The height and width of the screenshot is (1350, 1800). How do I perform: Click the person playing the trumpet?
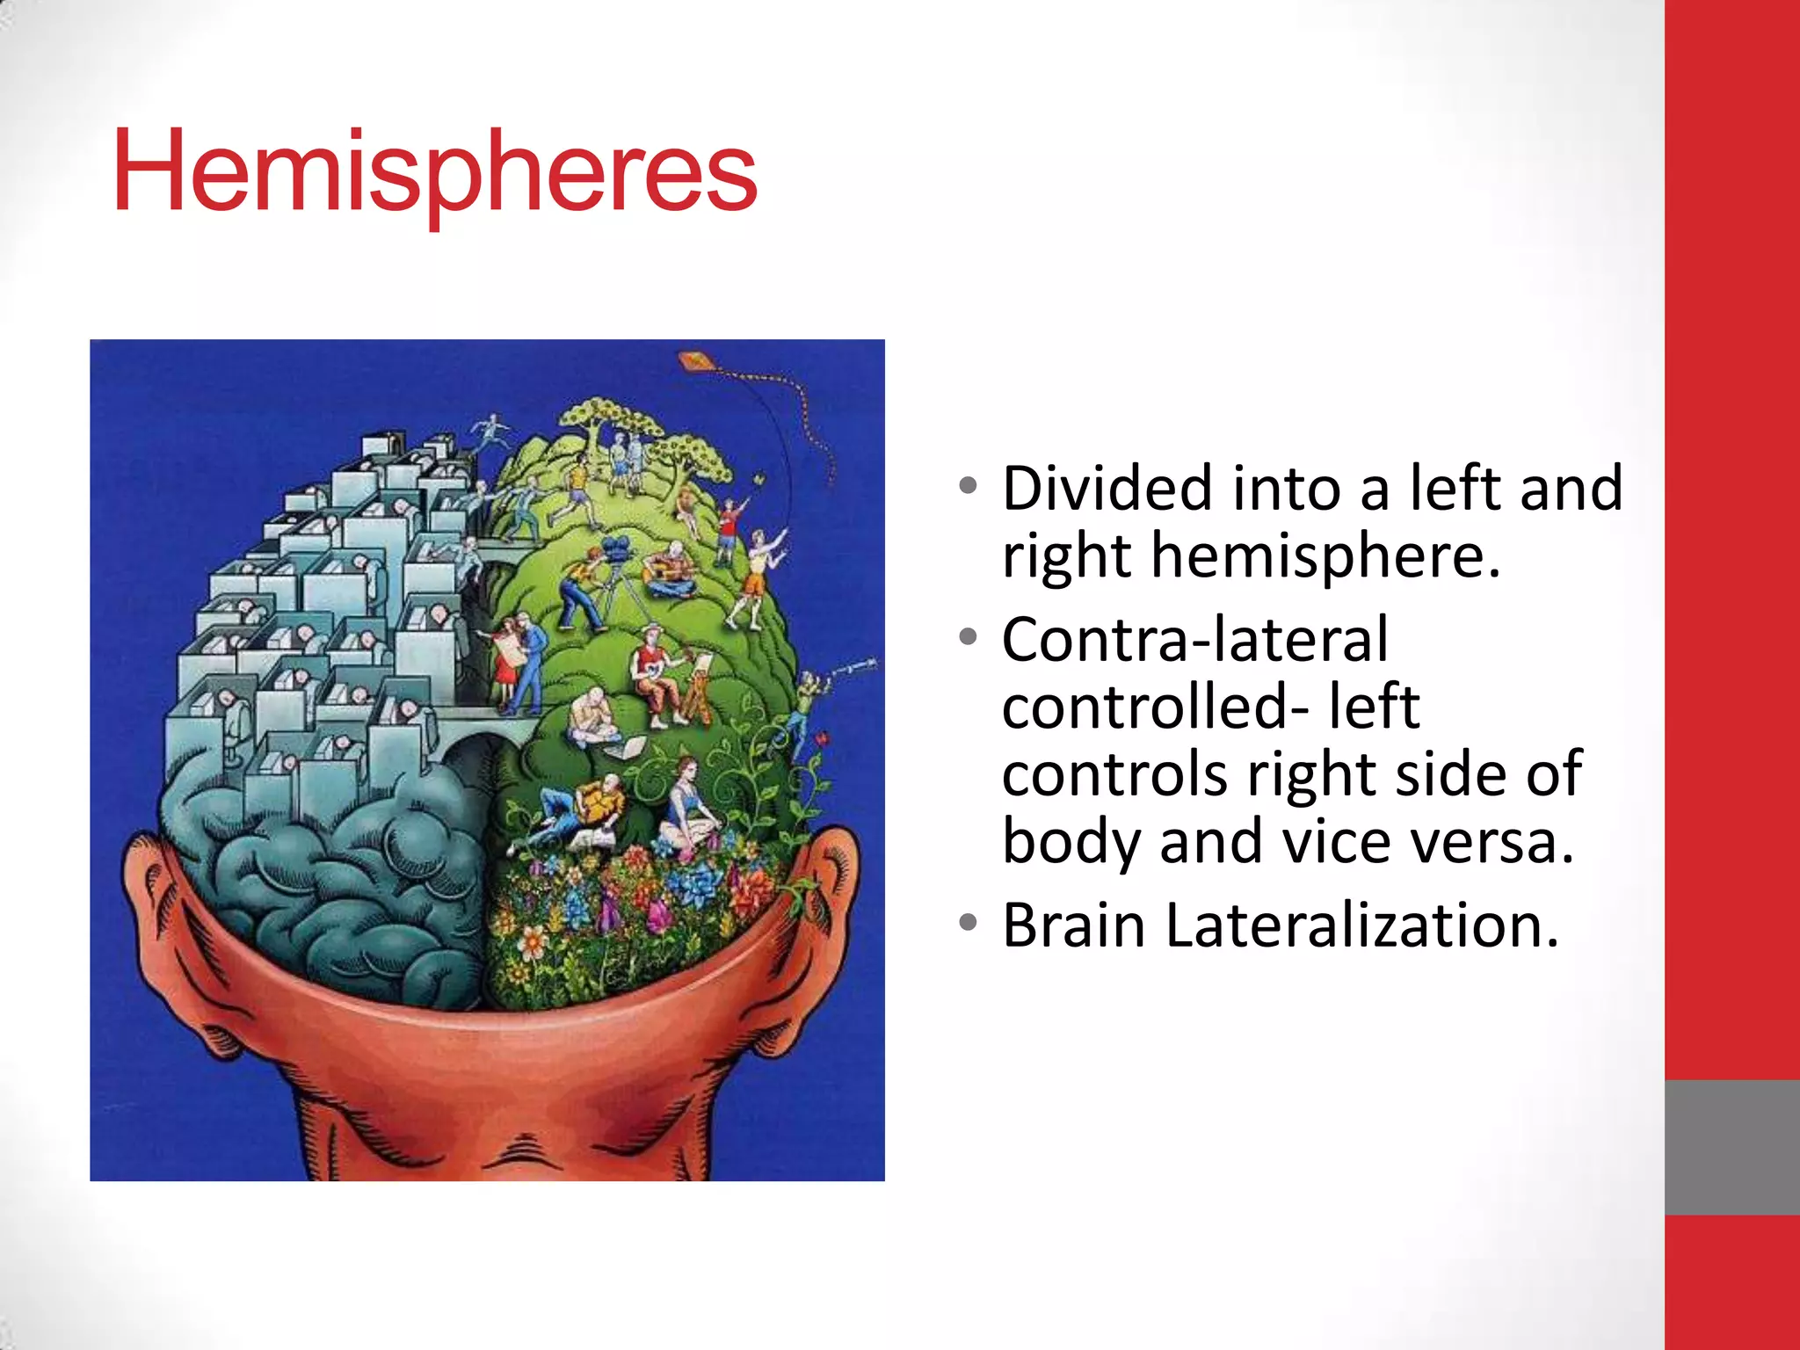(809, 694)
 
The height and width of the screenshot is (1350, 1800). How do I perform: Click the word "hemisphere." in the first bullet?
(1325, 556)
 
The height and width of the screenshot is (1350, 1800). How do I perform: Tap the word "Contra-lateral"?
(1195, 639)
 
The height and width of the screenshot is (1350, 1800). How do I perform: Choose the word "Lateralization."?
(1362, 925)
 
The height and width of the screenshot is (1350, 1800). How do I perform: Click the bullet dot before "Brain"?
(968, 923)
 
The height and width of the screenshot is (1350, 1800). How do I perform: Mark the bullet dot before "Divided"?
(968, 486)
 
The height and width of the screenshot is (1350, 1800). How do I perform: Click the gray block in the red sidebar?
(1731, 1147)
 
